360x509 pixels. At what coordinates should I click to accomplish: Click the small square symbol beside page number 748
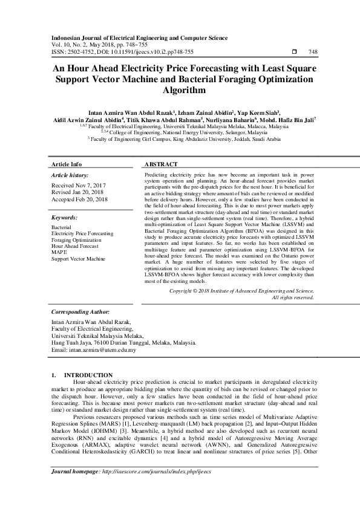click(x=294, y=52)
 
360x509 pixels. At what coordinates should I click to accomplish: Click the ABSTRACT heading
click(x=162, y=164)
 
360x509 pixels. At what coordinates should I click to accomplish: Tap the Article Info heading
click(x=67, y=164)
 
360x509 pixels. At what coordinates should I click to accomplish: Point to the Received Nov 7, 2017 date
click(x=79, y=185)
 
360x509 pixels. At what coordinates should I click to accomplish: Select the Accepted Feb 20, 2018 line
click(x=80, y=199)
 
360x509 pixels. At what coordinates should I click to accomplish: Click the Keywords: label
click(x=65, y=216)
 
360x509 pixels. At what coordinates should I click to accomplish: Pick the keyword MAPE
click(x=59, y=252)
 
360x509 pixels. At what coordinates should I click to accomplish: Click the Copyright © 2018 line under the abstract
click(x=241, y=291)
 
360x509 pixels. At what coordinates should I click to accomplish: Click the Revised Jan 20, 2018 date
click(x=78, y=192)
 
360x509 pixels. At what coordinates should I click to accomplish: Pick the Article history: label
click(x=71, y=175)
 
